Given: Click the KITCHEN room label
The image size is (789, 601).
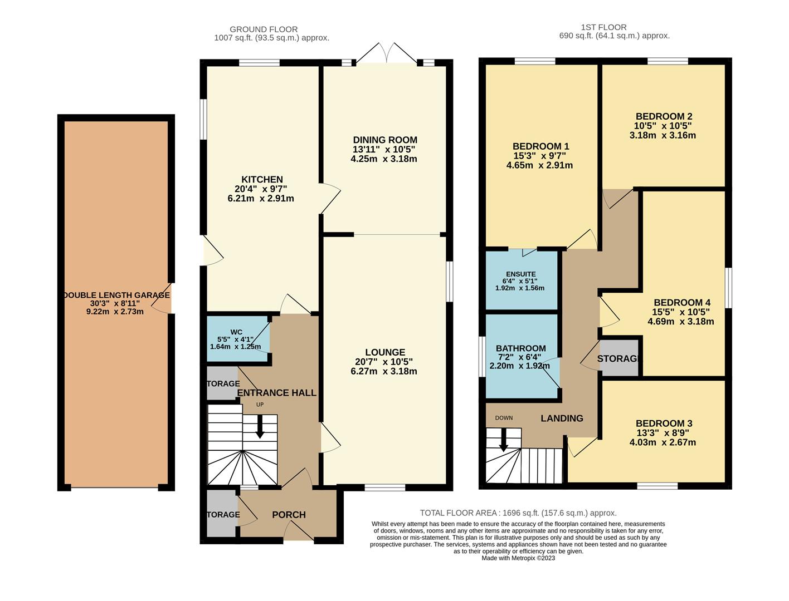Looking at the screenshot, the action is tap(262, 179).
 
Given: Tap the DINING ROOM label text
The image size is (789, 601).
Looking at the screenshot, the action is tap(385, 140).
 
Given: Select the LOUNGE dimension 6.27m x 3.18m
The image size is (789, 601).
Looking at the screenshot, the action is tap(384, 371).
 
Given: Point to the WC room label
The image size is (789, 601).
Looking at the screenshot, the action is tap(236, 332).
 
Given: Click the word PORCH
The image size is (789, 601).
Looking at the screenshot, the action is tap(289, 515).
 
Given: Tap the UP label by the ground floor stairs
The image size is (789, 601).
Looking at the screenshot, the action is tap(260, 405).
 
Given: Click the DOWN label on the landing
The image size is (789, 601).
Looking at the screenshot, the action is tap(504, 418).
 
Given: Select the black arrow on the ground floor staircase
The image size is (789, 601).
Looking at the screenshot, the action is tap(260, 426).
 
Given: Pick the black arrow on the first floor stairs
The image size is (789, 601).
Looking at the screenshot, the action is tap(504, 440).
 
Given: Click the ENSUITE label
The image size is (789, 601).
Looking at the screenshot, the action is tap(521, 274).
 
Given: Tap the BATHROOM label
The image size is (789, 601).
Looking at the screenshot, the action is tap(521, 348).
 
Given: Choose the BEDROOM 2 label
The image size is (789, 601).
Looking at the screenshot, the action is tap(664, 116).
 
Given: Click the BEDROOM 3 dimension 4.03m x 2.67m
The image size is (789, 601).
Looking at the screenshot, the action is tap(663, 442).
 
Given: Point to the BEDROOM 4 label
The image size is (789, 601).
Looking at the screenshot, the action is tap(682, 303).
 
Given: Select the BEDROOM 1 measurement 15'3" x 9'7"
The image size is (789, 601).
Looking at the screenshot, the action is tap(539, 156).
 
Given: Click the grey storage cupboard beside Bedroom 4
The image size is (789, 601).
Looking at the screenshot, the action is tap(618, 358).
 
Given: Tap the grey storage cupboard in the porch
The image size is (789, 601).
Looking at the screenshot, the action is tap(221, 514).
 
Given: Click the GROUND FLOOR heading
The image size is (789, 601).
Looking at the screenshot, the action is tap(264, 29).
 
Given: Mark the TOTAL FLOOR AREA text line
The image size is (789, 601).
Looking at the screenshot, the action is tap(518, 513).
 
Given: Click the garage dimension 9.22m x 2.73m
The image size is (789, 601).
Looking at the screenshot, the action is tap(115, 312).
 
